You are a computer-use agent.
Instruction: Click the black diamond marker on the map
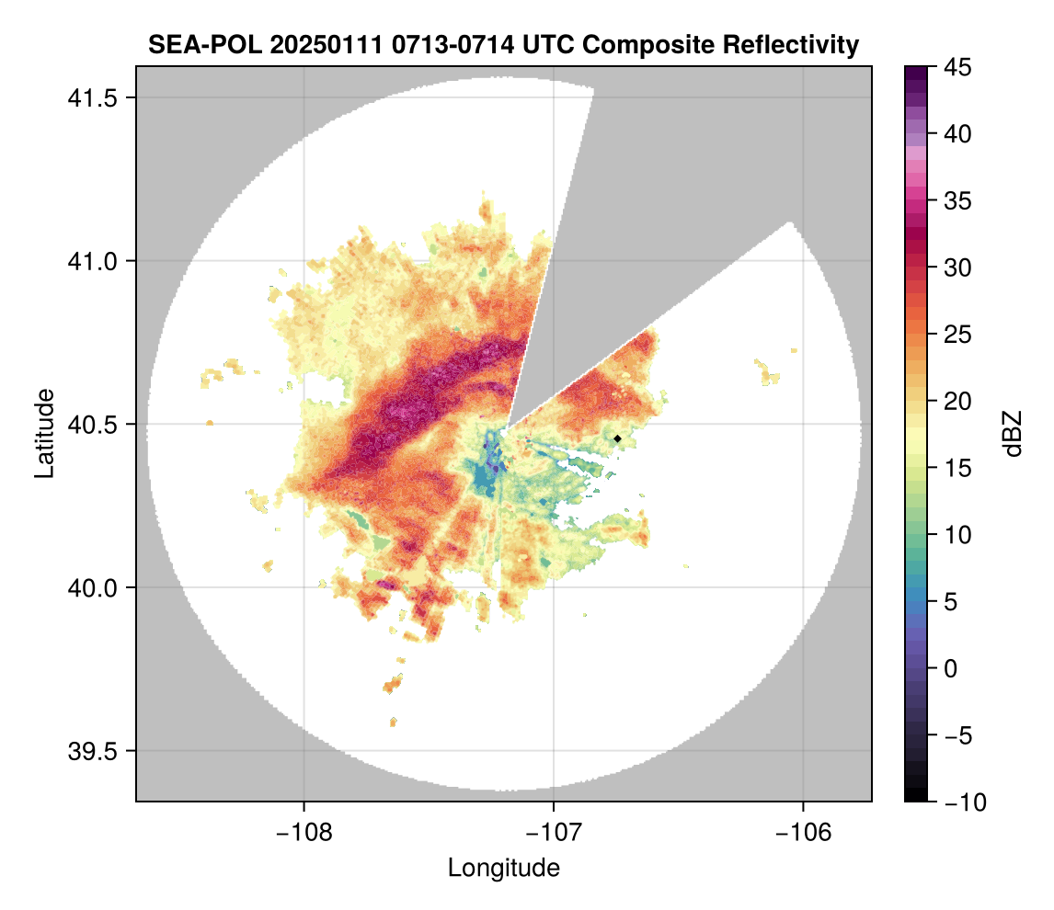pos(618,438)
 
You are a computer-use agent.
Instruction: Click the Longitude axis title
pos(504,868)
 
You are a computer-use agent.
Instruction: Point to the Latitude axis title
pos(44,433)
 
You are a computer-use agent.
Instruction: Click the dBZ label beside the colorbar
pos(1012,434)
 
